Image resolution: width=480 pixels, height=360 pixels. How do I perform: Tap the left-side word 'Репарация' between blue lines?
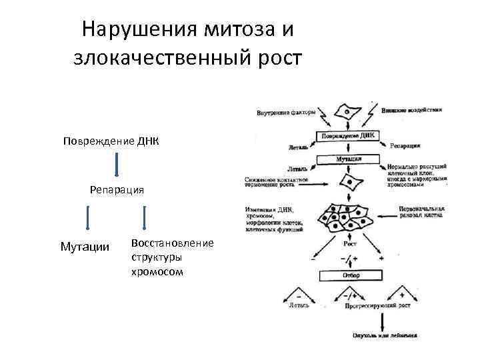coord(117,190)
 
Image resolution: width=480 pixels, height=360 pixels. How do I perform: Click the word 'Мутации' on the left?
coord(85,247)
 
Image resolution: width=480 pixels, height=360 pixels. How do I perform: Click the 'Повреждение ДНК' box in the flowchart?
coord(349,136)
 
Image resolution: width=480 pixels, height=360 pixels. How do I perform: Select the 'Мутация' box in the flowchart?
coord(349,160)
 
